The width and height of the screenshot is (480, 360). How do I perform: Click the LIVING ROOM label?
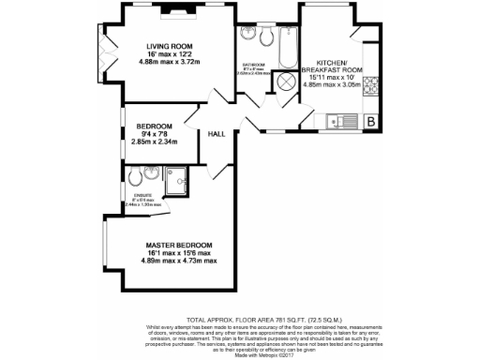(x=169, y=45)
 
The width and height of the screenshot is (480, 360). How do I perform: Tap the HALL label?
(x=216, y=134)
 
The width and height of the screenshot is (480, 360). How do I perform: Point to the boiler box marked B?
(x=370, y=122)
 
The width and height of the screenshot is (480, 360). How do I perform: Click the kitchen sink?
(x=340, y=121)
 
